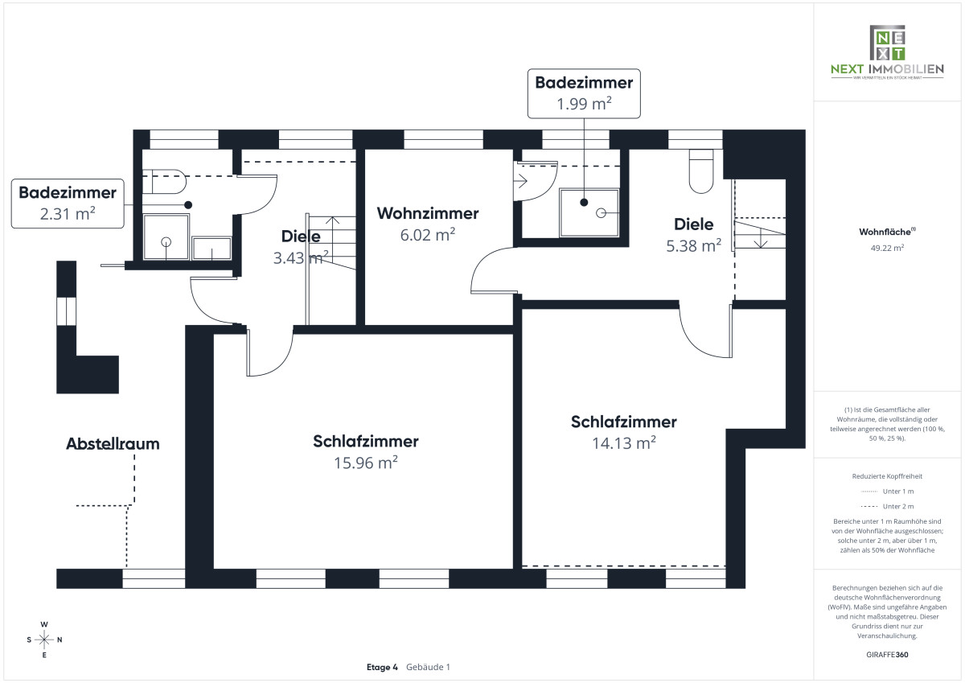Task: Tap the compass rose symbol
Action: point(44,640)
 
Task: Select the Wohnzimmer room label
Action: point(428,213)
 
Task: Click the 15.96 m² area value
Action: point(366,463)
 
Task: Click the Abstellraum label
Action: point(113,443)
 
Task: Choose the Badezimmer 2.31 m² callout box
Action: point(68,203)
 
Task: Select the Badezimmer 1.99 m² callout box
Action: point(584,92)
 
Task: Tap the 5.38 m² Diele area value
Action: point(693,246)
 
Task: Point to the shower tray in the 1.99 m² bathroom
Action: point(589,213)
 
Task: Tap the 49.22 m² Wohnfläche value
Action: point(887,248)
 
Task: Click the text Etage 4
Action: point(382,667)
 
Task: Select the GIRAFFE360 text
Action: point(887,654)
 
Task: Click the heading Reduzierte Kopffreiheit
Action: point(887,475)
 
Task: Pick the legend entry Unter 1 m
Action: point(887,491)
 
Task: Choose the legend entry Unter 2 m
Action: point(887,506)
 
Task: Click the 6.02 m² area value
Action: point(428,235)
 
